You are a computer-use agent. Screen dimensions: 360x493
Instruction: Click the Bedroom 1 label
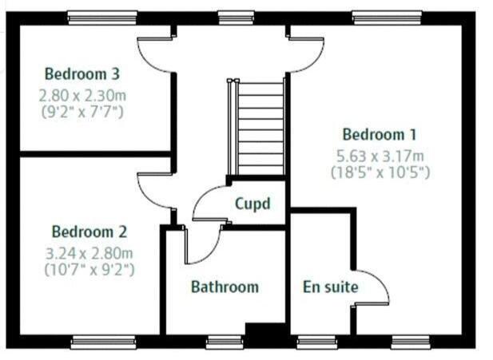coord(380,135)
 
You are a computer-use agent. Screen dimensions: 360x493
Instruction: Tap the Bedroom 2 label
coord(89,232)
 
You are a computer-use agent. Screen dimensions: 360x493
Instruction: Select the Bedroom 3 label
coord(82,74)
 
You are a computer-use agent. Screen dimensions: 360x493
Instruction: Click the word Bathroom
coord(225,287)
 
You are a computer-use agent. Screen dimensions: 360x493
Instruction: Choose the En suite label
coord(330,287)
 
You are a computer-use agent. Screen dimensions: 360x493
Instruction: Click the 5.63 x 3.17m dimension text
coord(380,154)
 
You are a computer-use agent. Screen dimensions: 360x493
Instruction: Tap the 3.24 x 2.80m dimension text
coord(89,253)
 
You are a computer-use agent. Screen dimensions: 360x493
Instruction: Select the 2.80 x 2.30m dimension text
coord(82,94)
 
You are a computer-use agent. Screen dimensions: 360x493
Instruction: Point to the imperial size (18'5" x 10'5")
coord(380,171)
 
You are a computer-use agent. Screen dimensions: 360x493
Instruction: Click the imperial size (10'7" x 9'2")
coord(89,269)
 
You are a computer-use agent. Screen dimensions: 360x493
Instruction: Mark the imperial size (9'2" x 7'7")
coord(82,111)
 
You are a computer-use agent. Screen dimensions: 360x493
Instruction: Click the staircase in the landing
coord(260,128)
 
